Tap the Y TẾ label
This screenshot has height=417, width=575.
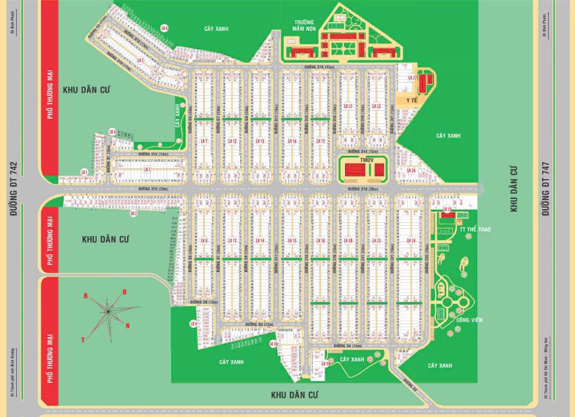[411, 101]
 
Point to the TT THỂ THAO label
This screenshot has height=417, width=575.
[471, 229]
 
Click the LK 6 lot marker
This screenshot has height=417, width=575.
[165, 28]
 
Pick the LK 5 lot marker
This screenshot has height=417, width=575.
[141, 61]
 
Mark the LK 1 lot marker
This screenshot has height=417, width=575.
[84, 173]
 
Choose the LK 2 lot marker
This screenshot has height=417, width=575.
[134, 213]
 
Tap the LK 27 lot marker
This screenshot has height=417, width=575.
[412, 78]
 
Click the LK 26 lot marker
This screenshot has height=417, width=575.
[410, 170]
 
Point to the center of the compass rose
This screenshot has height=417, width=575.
[108, 310]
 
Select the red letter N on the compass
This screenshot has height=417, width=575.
[128, 325]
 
